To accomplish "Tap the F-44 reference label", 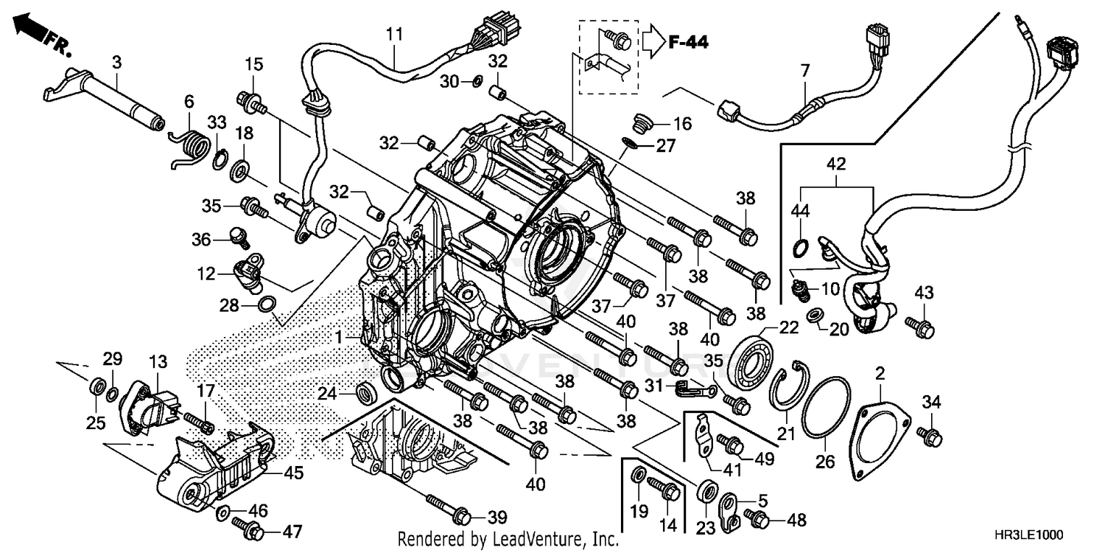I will (x=688, y=44).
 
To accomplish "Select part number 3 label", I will (x=116, y=63).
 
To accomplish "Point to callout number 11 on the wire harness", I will (x=395, y=33).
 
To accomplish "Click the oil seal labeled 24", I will (x=365, y=393).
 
